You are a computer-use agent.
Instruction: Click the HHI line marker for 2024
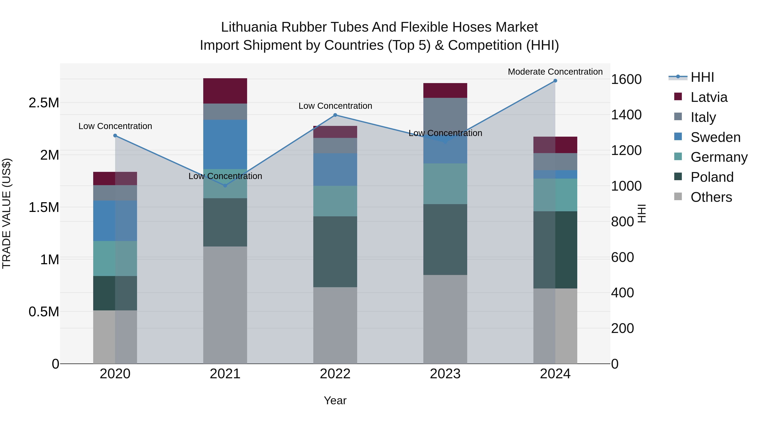pos(555,81)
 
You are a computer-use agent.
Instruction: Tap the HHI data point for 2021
pos(225,186)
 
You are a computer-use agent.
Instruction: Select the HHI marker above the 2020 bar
pos(115,136)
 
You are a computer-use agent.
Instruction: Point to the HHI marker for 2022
pos(335,115)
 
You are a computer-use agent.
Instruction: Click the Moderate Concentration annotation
pos(555,72)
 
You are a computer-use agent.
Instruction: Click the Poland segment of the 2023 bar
pos(445,239)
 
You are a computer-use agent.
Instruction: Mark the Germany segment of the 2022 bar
pos(335,201)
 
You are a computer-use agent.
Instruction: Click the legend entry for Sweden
pos(715,137)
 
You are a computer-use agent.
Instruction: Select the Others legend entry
pos(711,197)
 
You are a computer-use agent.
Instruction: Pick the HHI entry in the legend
pos(702,77)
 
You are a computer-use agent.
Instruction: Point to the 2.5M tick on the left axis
pos(44,103)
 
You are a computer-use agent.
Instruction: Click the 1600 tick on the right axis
pos(626,79)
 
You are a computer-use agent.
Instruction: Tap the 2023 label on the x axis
pos(445,374)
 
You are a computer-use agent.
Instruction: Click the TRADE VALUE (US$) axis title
pos(7,213)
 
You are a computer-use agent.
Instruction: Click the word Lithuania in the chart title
pos(249,27)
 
